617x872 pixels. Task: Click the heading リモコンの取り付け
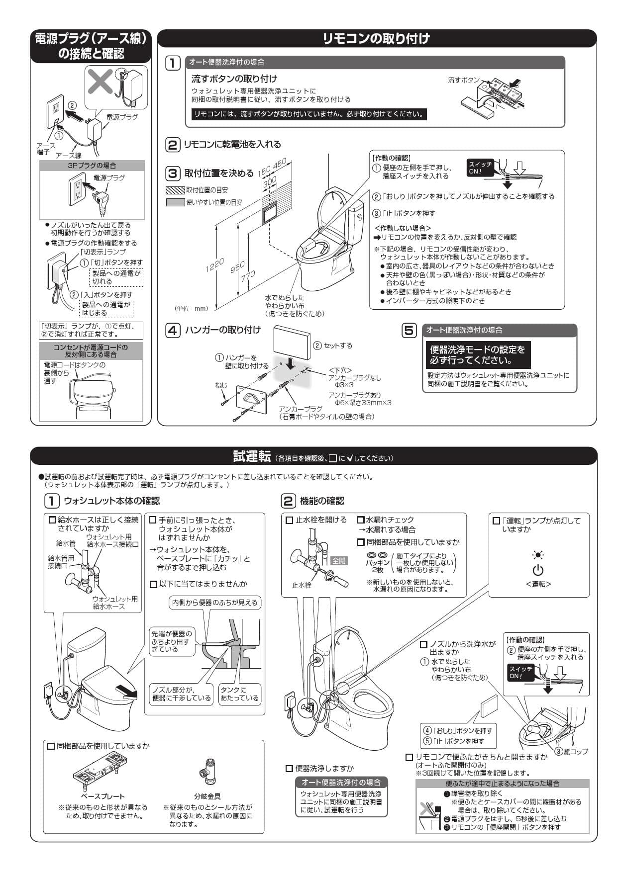(x=376, y=39)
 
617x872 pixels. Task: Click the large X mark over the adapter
(x=100, y=82)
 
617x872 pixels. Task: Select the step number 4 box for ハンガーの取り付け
(x=173, y=331)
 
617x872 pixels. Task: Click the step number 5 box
(x=409, y=331)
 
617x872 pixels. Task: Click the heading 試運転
(x=252, y=456)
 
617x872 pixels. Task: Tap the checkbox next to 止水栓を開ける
(x=289, y=520)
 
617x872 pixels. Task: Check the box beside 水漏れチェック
(x=361, y=520)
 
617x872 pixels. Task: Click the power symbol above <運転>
(x=538, y=570)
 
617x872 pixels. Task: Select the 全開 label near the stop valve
(x=339, y=560)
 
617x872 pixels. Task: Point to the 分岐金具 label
(x=207, y=796)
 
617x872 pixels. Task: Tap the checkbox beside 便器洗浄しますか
(x=289, y=769)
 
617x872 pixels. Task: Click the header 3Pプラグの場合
(x=92, y=166)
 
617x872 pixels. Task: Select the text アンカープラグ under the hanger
(x=301, y=409)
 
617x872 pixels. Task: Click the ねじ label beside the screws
(x=221, y=385)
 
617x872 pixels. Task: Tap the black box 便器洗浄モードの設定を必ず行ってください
(x=478, y=354)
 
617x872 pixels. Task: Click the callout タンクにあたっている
(x=240, y=694)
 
